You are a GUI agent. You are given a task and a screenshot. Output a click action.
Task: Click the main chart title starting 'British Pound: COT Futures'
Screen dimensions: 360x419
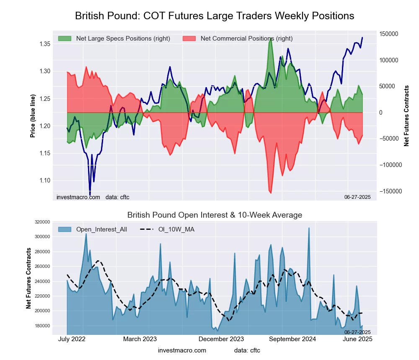click(215, 16)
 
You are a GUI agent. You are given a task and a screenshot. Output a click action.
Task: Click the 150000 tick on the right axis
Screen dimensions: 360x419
click(388, 34)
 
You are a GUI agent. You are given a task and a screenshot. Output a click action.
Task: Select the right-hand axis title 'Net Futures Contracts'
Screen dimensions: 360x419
click(406, 116)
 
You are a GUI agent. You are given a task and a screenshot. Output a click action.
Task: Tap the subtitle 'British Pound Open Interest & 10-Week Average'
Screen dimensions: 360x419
click(215, 215)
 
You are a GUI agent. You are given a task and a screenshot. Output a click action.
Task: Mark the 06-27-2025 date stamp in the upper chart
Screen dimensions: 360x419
click(357, 197)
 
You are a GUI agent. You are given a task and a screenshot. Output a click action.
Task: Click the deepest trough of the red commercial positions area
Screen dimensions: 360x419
click(271, 193)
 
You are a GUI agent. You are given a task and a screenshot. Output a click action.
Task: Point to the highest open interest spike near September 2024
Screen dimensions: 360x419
click(309, 228)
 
